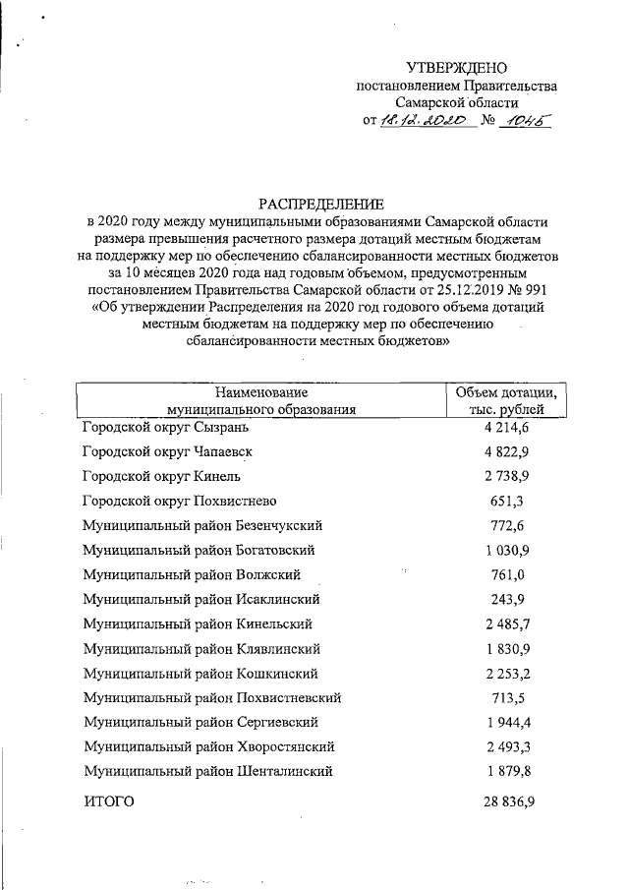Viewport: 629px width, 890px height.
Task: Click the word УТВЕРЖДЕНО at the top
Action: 460,68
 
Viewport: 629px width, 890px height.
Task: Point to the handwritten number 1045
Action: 522,120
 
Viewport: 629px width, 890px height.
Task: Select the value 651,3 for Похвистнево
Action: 508,501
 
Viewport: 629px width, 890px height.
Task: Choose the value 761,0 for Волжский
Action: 508,574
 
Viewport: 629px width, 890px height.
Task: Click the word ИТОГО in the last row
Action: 109,802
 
